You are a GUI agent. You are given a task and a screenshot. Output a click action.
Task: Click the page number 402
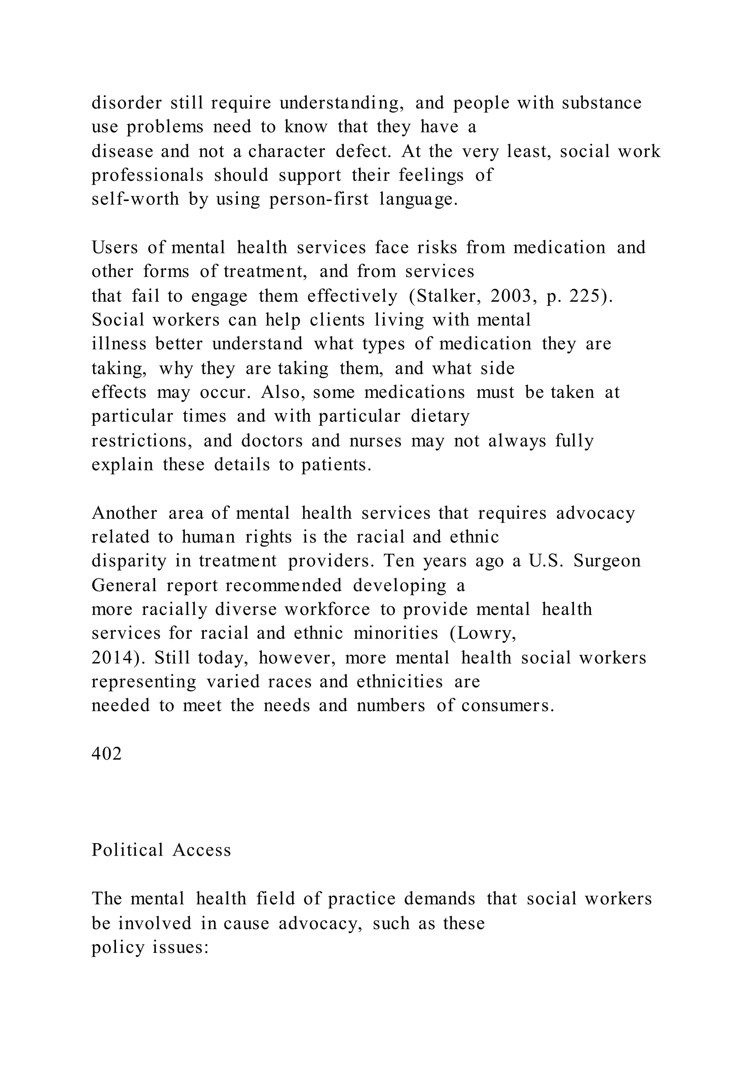coord(107,753)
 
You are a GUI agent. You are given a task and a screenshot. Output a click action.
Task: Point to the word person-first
coord(319,199)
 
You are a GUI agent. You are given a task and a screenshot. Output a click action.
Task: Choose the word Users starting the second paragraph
coord(114,247)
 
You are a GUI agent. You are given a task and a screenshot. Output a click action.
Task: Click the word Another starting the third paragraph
coord(125,513)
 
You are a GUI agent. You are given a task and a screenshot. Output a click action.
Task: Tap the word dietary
coord(440,416)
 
